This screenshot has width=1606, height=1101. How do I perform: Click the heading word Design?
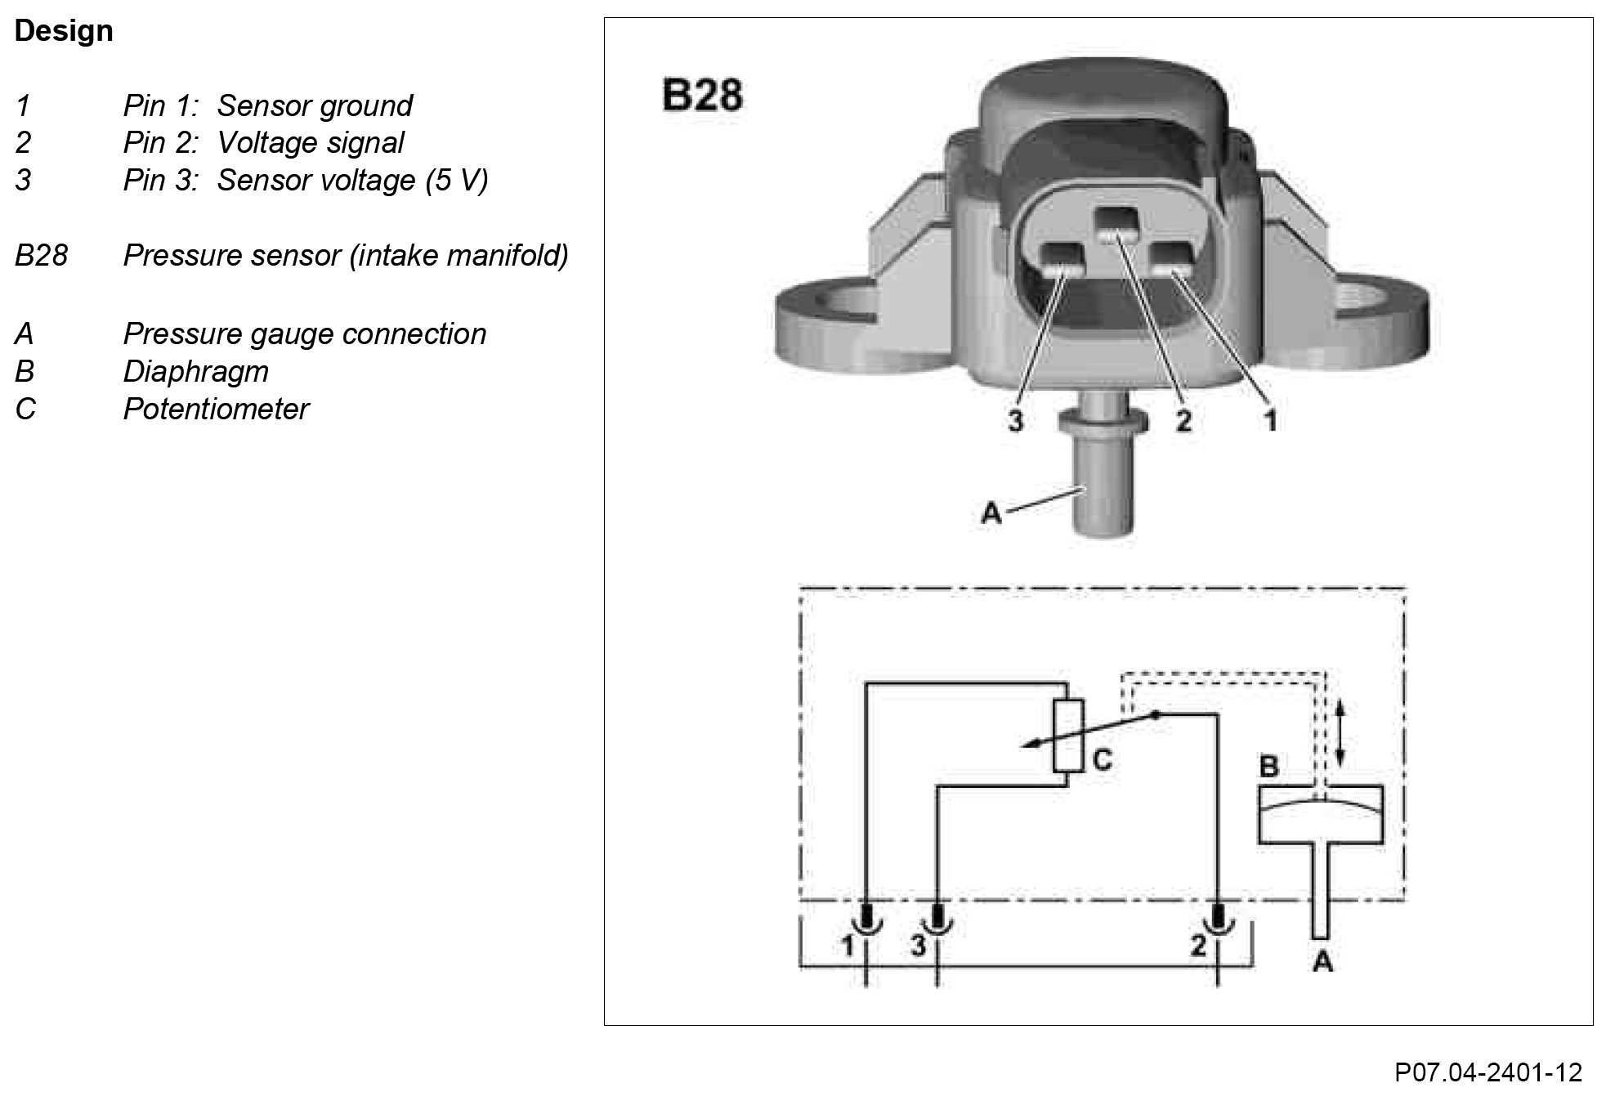[x=64, y=31]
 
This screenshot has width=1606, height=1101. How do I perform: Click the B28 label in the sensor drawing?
[x=702, y=95]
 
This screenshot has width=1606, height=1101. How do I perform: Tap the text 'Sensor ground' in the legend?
[x=314, y=105]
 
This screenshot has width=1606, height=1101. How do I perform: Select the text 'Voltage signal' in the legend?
[x=310, y=143]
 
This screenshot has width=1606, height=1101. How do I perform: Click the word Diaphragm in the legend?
[x=195, y=371]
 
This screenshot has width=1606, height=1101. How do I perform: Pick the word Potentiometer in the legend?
[x=216, y=409]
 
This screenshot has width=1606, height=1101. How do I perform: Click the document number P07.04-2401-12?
[x=1488, y=1072]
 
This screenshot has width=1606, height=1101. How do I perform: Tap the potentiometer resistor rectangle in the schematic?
[x=1068, y=736]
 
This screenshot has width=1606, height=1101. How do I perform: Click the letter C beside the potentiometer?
[x=1102, y=761]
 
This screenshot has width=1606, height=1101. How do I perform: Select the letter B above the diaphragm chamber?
[x=1268, y=767]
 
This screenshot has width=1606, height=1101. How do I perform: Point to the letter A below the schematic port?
[x=1322, y=962]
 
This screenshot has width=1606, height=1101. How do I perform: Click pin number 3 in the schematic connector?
[x=919, y=946]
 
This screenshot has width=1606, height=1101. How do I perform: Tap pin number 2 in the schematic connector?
[x=1198, y=946]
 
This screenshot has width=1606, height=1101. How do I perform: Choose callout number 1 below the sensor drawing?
[x=1270, y=421]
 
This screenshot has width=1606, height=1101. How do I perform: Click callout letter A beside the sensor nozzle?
[x=991, y=513]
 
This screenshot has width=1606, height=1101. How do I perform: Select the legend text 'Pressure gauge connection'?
[x=304, y=333]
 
